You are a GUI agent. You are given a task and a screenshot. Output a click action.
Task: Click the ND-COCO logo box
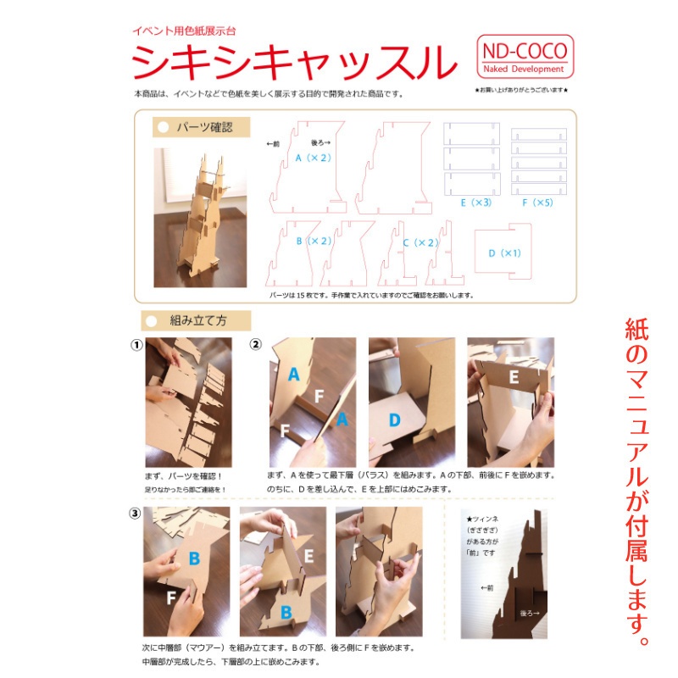click(x=523, y=57)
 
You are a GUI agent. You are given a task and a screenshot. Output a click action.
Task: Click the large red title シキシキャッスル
click(x=288, y=62)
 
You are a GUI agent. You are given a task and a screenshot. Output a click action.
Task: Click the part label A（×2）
click(x=312, y=158)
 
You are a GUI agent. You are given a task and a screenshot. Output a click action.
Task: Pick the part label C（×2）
click(x=420, y=242)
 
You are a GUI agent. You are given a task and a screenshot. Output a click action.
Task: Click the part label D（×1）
click(x=504, y=253)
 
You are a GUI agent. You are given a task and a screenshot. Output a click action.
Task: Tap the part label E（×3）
click(x=476, y=203)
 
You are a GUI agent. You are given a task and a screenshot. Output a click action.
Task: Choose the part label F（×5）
click(x=537, y=203)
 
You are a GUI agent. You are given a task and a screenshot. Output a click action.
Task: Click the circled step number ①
click(x=136, y=345)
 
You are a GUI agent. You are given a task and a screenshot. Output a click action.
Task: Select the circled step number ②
click(x=255, y=345)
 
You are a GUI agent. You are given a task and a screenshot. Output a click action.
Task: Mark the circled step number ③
click(x=136, y=514)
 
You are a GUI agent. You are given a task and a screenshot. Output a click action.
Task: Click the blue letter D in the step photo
click(x=394, y=420)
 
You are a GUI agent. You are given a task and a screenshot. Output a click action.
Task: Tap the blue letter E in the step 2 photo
click(x=514, y=377)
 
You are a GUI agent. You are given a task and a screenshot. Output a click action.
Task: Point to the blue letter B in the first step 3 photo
click(x=193, y=559)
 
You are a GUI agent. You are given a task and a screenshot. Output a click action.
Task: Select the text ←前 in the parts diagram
click(x=273, y=144)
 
